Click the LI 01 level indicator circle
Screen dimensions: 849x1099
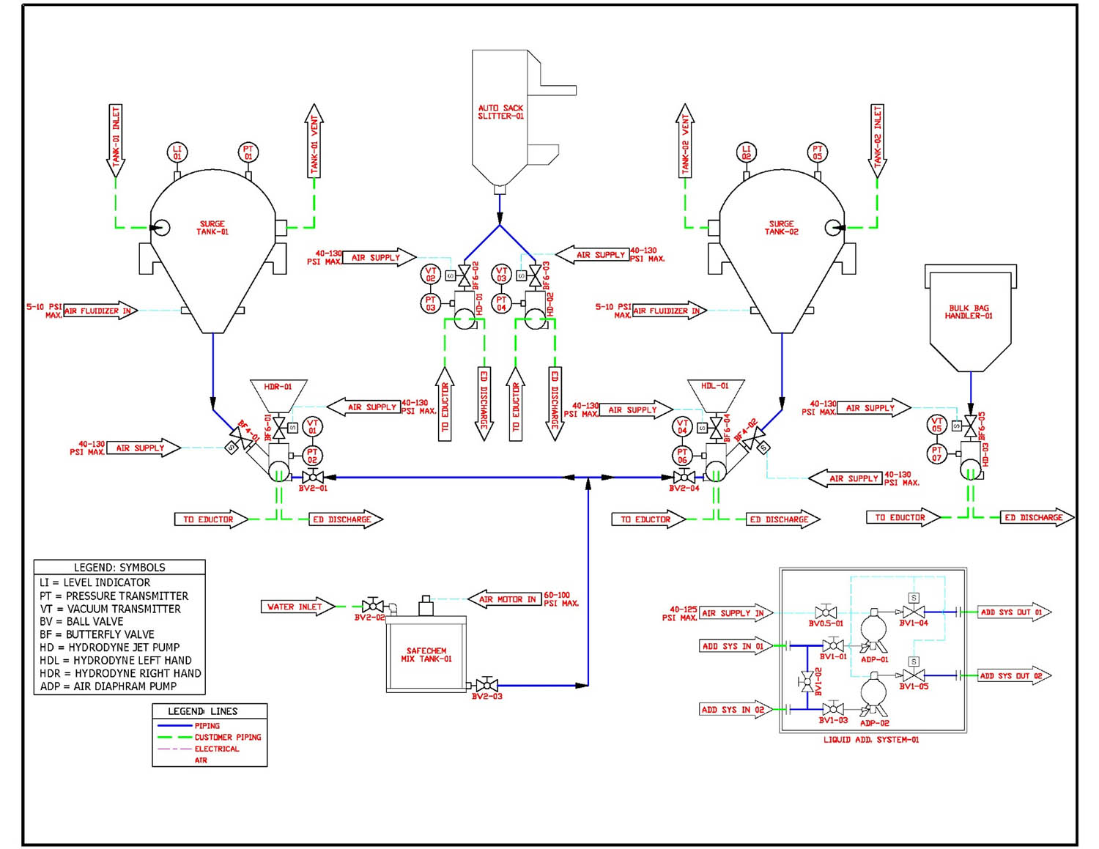tap(177, 152)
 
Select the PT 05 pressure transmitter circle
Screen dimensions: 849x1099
tap(817, 152)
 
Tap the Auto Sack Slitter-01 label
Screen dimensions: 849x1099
tap(500, 112)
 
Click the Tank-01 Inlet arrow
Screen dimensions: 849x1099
tap(116, 139)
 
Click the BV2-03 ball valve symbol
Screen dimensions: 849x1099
tap(486, 686)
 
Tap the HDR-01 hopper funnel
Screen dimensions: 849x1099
tap(278, 393)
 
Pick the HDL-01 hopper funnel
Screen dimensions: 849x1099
tap(715, 393)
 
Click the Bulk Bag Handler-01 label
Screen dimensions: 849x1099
tap(969, 312)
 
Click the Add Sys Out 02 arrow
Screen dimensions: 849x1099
tap(1014, 675)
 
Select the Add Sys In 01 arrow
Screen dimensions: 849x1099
tap(734, 646)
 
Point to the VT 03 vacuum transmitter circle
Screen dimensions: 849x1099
tap(501, 275)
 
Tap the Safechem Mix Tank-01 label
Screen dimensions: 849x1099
tap(426, 655)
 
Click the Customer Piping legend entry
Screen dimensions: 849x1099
tap(227, 737)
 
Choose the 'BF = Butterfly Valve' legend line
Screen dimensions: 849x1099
tap(97, 634)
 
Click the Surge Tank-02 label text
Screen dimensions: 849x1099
tap(781, 228)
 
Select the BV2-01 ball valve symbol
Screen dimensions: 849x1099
tap(313, 477)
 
